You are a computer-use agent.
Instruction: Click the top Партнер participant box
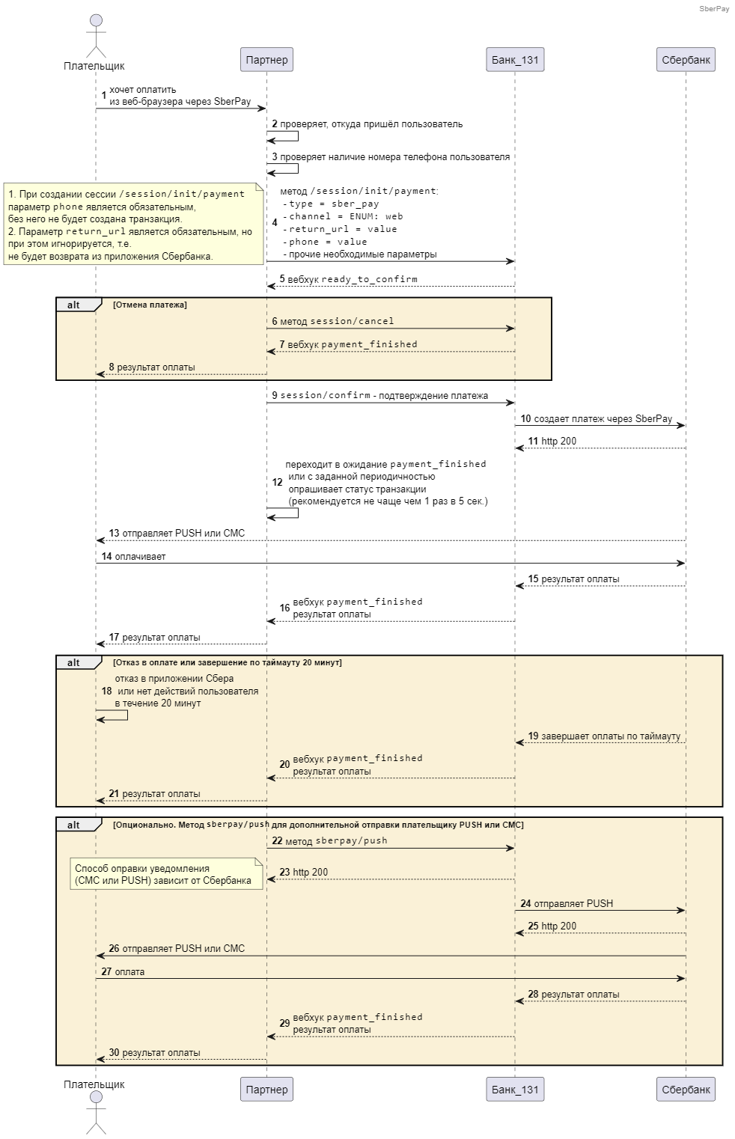point(266,59)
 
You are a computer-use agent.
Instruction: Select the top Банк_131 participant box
point(515,59)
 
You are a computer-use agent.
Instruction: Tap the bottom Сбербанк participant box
point(686,1089)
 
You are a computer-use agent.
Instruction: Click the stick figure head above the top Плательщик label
point(96,20)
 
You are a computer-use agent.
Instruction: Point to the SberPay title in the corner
point(714,9)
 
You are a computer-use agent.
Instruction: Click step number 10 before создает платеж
point(525,418)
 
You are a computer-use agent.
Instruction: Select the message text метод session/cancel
point(337,321)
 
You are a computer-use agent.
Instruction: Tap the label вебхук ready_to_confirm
point(352,279)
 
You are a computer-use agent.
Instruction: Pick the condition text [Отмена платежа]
point(150,305)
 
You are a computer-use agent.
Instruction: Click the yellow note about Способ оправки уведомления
point(166,874)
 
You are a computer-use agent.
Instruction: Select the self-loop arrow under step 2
point(283,136)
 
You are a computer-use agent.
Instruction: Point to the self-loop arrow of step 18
point(112,715)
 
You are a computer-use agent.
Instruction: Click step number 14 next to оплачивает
point(106,556)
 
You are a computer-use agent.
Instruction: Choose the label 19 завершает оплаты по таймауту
point(604,736)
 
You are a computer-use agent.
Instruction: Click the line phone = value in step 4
point(325,242)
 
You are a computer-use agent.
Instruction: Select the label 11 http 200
point(552,441)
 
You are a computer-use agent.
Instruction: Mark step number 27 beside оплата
point(106,971)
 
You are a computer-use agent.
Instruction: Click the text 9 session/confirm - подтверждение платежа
point(380,395)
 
